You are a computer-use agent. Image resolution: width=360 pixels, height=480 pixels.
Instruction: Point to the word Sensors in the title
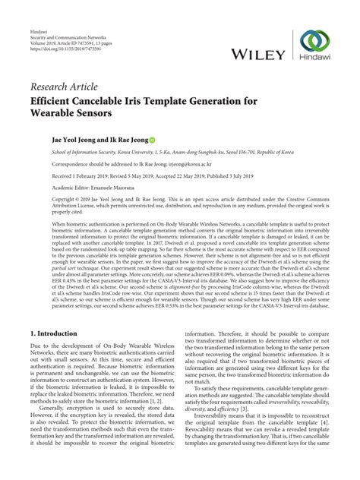click(x=90, y=113)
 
